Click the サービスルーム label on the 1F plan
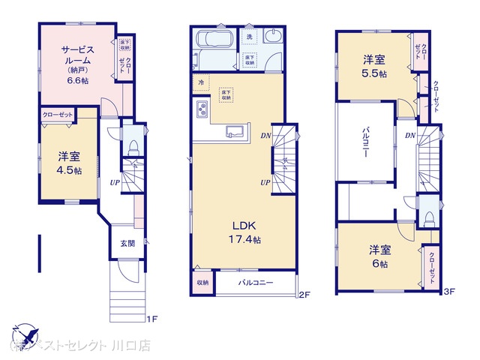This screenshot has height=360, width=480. (77, 56)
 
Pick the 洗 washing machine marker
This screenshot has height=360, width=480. (249, 37)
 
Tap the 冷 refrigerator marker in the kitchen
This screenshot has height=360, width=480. (200, 82)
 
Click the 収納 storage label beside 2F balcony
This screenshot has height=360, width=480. (202, 283)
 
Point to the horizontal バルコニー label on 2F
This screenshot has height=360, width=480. (256, 283)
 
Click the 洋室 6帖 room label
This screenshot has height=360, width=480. (379, 256)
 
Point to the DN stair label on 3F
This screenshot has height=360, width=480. (409, 135)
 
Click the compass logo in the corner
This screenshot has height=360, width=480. (24, 333)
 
